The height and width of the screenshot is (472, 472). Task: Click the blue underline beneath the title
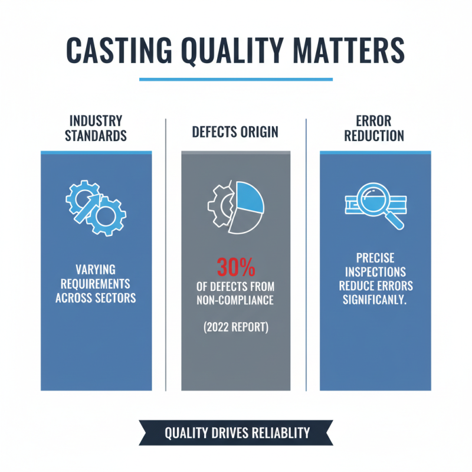pyautogui.click(x=236, y=79)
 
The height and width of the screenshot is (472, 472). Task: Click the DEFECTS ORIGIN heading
pyautogui.click(x=235, y=132)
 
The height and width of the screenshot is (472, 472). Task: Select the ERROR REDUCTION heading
pyautogui.click(x=376, y=128)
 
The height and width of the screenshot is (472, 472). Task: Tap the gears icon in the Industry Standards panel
pyautogui.click(x=94, y=206)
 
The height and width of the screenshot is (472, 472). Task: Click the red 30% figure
pyautogui.click(x=235, y=268)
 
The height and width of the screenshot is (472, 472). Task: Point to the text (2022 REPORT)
pyautogui.click(x=235, y=326)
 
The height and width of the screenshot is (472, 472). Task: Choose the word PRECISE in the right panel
pyautogui.click(x=375, y=258)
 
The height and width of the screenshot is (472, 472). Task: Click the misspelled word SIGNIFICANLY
pyautogui.click(x=375, y=299)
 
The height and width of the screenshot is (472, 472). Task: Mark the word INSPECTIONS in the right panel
pyautogui.click(x=375, y=271)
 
